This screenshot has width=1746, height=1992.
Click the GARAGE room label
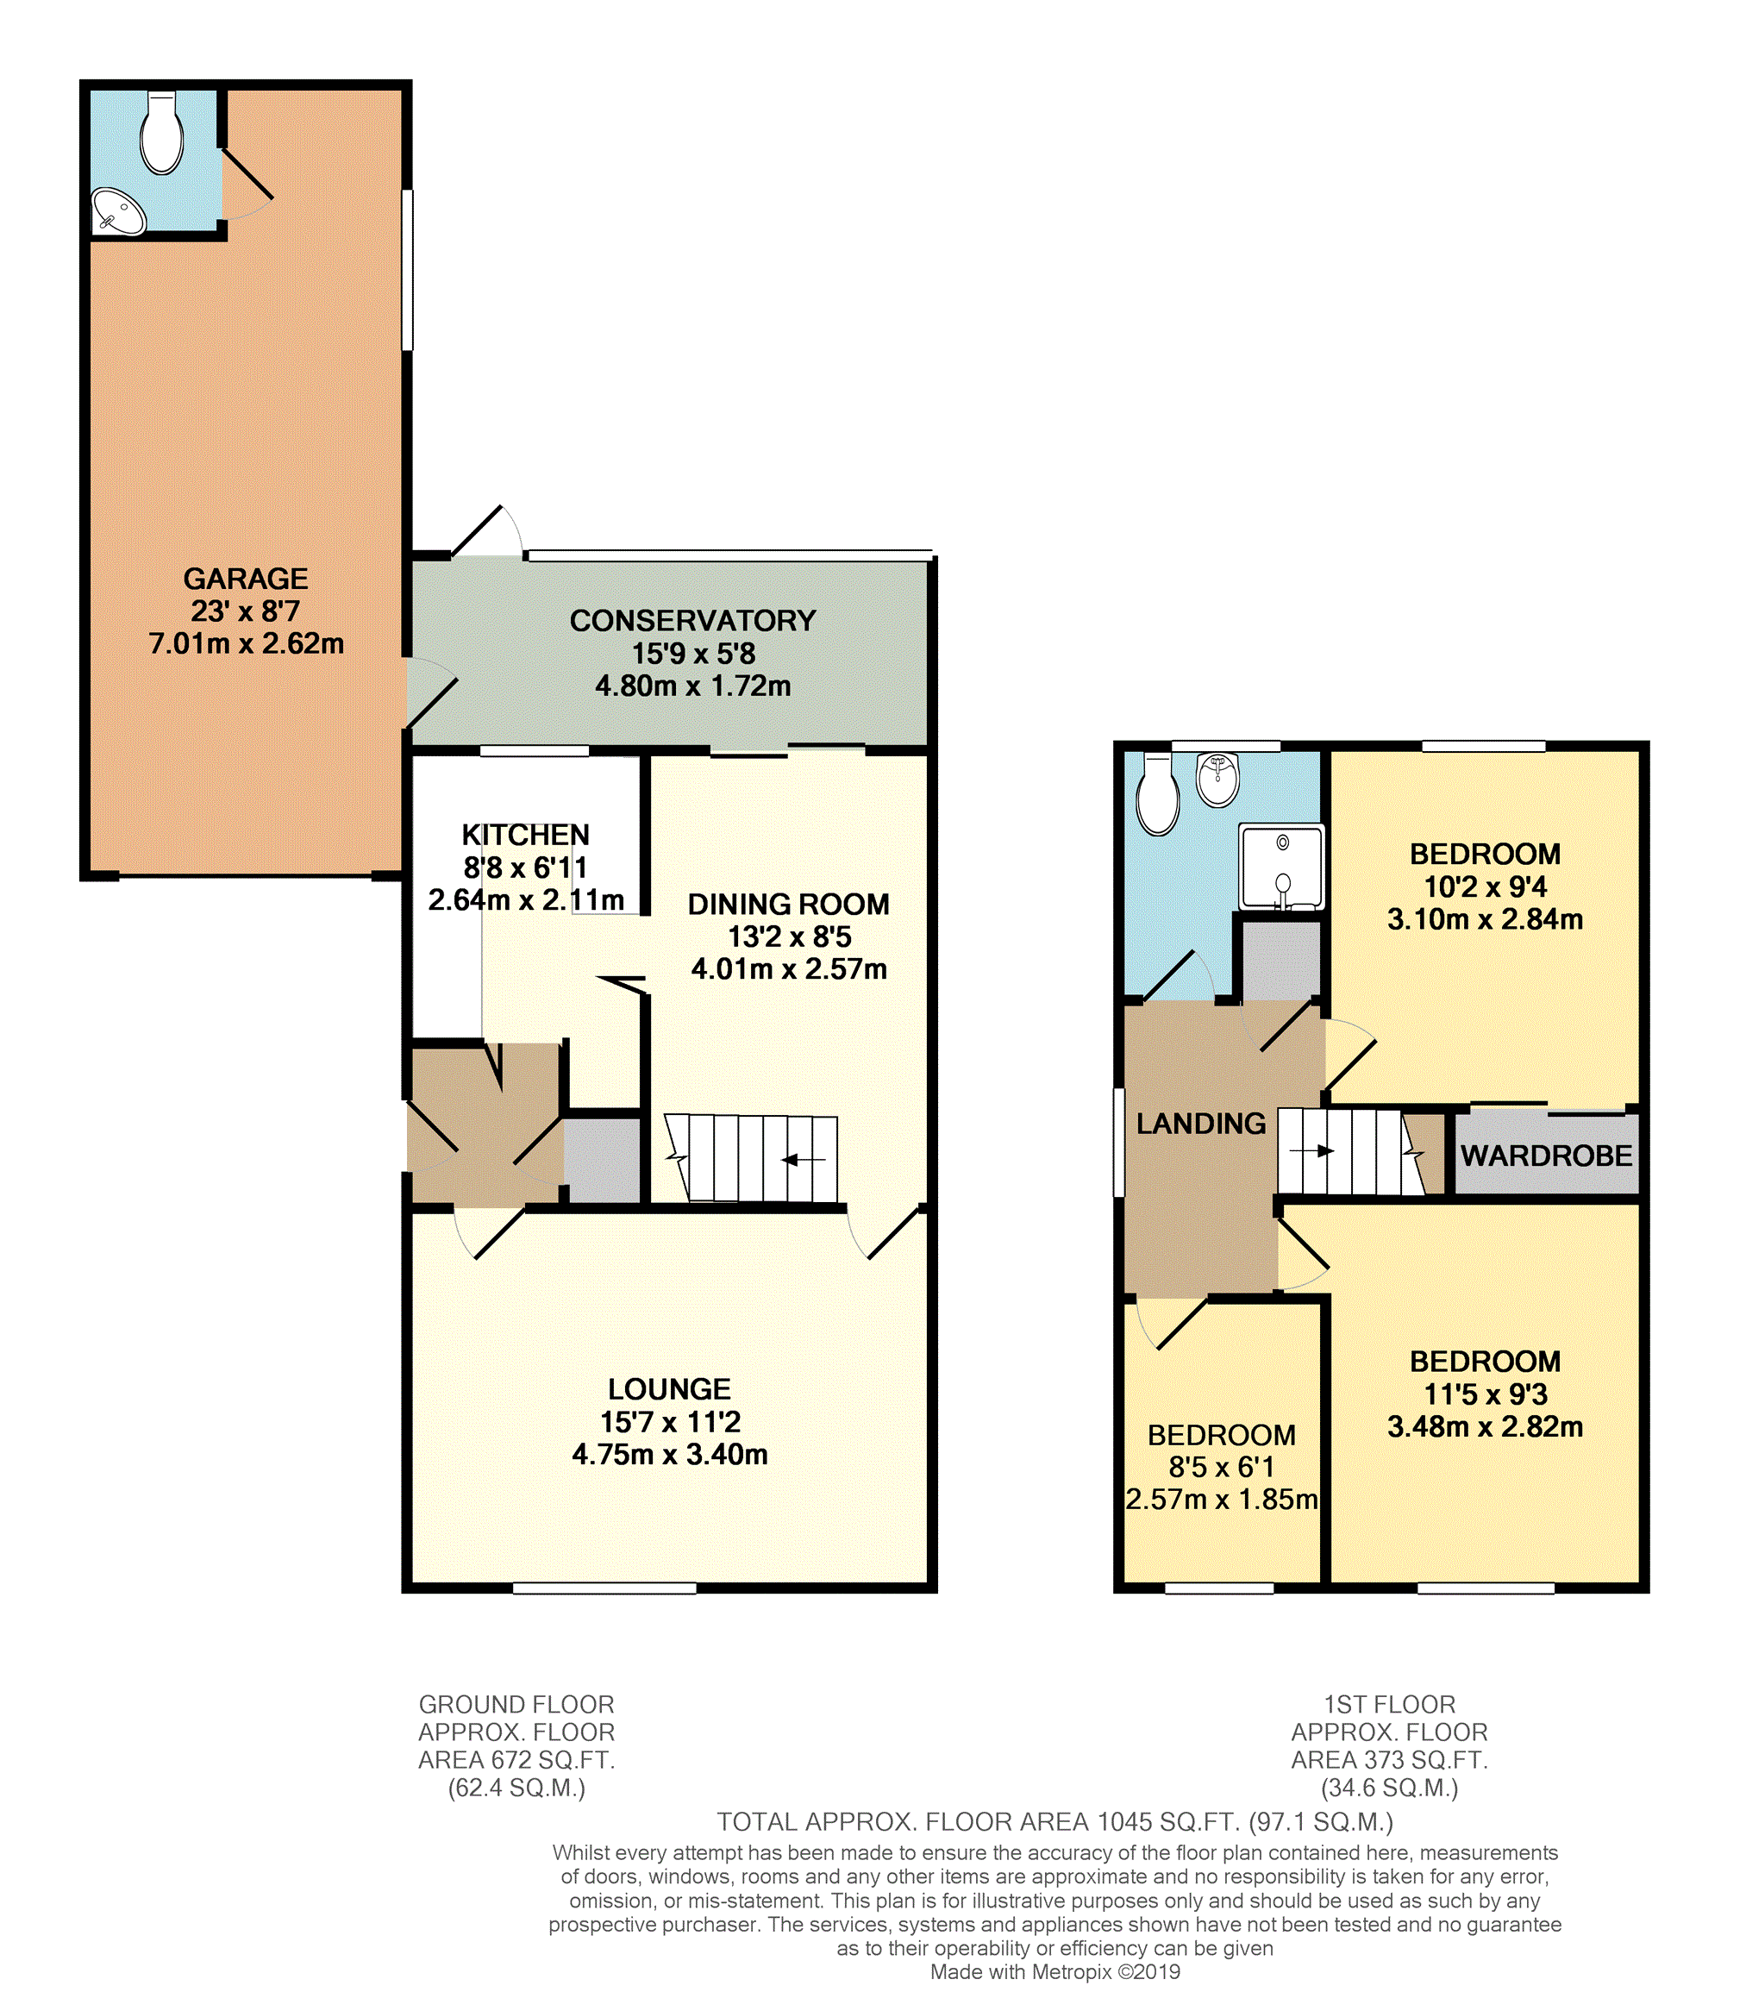246,579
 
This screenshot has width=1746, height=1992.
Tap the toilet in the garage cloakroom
162,133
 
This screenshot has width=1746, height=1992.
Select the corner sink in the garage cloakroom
118,211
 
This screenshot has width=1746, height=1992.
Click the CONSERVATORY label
692,621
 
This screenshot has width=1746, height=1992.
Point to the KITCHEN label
525,836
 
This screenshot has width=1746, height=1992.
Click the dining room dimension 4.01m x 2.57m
789,968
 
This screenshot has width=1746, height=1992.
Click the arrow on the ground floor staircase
804,1160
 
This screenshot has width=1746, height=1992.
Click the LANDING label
1201,1124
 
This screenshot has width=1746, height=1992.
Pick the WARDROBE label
1546,1156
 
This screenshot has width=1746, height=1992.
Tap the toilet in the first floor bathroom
1159,793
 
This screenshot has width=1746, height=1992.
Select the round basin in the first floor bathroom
1218,780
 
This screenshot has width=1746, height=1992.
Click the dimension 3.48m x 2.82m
1485,1427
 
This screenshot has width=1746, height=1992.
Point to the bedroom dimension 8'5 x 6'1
1222,1467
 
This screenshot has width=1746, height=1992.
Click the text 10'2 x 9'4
1485,886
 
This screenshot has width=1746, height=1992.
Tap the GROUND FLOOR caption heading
516,1705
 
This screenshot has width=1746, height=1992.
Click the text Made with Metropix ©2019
1055,1971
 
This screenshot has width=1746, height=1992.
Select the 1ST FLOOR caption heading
1389,1705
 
